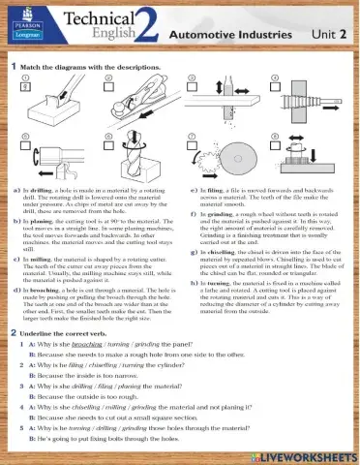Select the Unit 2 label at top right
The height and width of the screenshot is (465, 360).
tap(328, 33)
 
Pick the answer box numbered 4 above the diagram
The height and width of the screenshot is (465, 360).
tap(276, 77)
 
